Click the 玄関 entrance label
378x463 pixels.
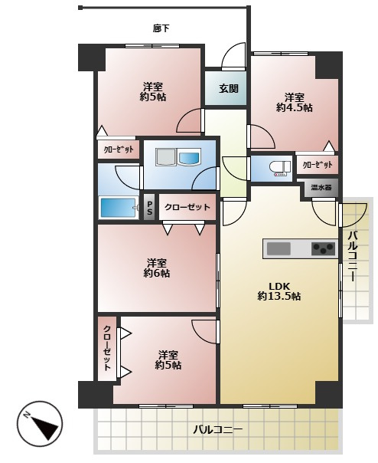229,89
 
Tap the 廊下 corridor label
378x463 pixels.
161,28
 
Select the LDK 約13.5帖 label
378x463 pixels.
279,291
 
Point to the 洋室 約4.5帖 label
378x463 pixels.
295,103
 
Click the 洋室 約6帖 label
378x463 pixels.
157,268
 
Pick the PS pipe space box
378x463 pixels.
149,207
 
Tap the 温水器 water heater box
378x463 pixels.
321,187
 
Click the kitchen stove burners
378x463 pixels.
324,248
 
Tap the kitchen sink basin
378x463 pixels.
279,248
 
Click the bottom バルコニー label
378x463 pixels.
218,429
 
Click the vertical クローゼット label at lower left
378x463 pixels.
107,348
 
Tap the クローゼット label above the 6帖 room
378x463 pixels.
187,207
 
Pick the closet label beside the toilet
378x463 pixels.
318,165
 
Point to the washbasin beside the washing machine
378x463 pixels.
189,156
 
